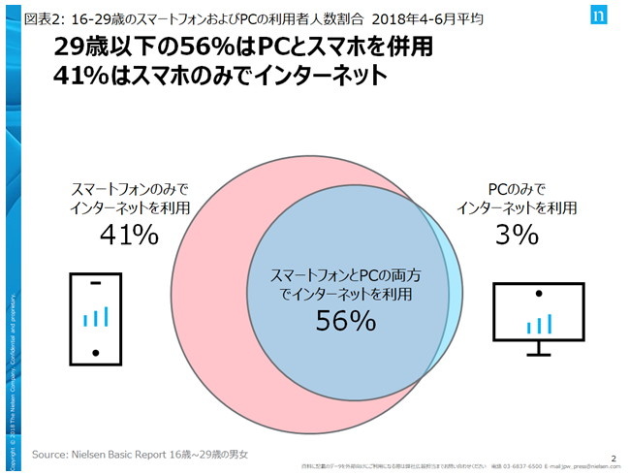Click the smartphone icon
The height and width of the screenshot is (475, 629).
tap(95, 317)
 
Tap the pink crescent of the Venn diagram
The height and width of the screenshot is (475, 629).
tap(208, 291)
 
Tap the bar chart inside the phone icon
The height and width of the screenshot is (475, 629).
tap(95, 316)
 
